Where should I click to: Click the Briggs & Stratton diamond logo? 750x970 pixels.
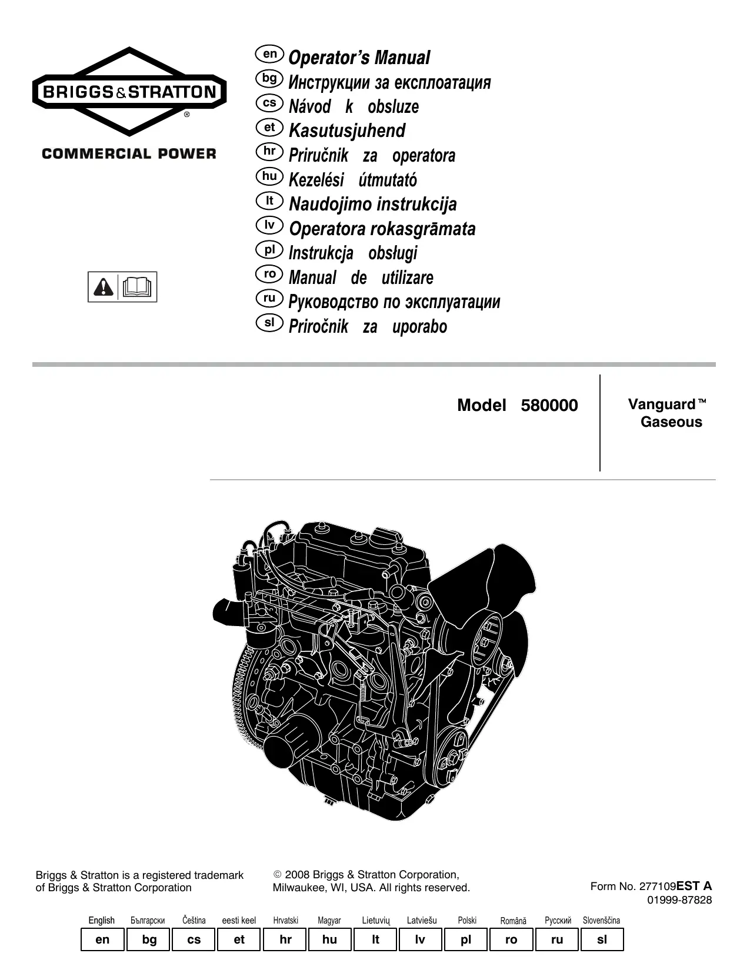coord(129,92)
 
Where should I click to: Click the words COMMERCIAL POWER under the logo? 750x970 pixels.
coord(129,154)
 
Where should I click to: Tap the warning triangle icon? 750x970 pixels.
coord(103,287)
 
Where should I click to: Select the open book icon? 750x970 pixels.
coord(138,287)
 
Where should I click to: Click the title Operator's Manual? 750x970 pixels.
coord(359,58)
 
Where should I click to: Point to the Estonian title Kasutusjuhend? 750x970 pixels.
coord(347,131)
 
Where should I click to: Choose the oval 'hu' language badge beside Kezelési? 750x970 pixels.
coord(269,176)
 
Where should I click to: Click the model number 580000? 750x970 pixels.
coord(549,406)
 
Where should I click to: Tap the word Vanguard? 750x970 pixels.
coord(662,404)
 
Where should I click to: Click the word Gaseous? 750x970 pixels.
coord(671,422)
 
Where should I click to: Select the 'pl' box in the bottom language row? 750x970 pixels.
coord(466,939)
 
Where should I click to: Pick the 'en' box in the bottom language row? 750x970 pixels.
coord(102,939)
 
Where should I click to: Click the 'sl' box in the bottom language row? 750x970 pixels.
coord(602,939)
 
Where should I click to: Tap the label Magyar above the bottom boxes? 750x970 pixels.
coord(329,921)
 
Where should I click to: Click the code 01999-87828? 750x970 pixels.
coord(679,900)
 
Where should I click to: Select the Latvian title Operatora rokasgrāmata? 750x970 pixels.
coord(382,229)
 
